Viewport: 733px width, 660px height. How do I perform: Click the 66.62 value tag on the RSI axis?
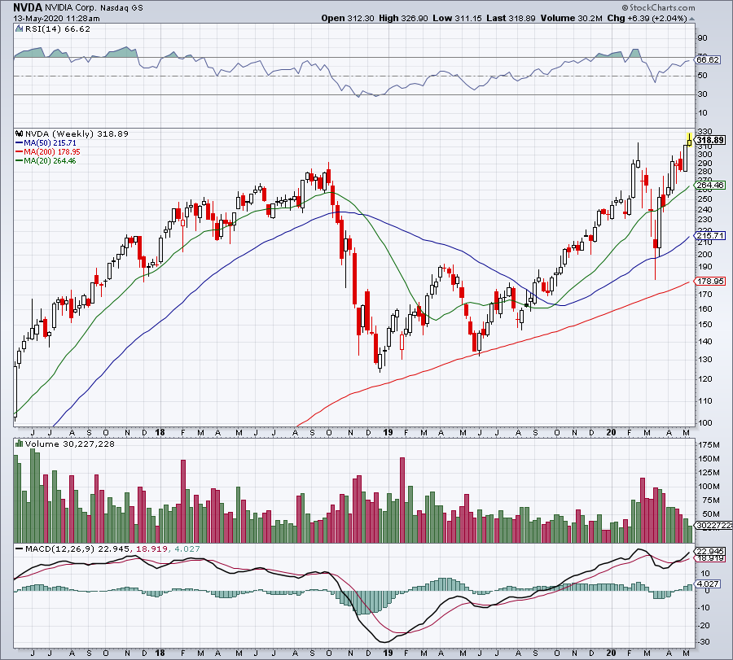click(709, 59)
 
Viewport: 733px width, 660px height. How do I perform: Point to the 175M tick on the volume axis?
click(709, 445)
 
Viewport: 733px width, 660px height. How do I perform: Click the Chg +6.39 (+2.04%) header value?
click(645, 17)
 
